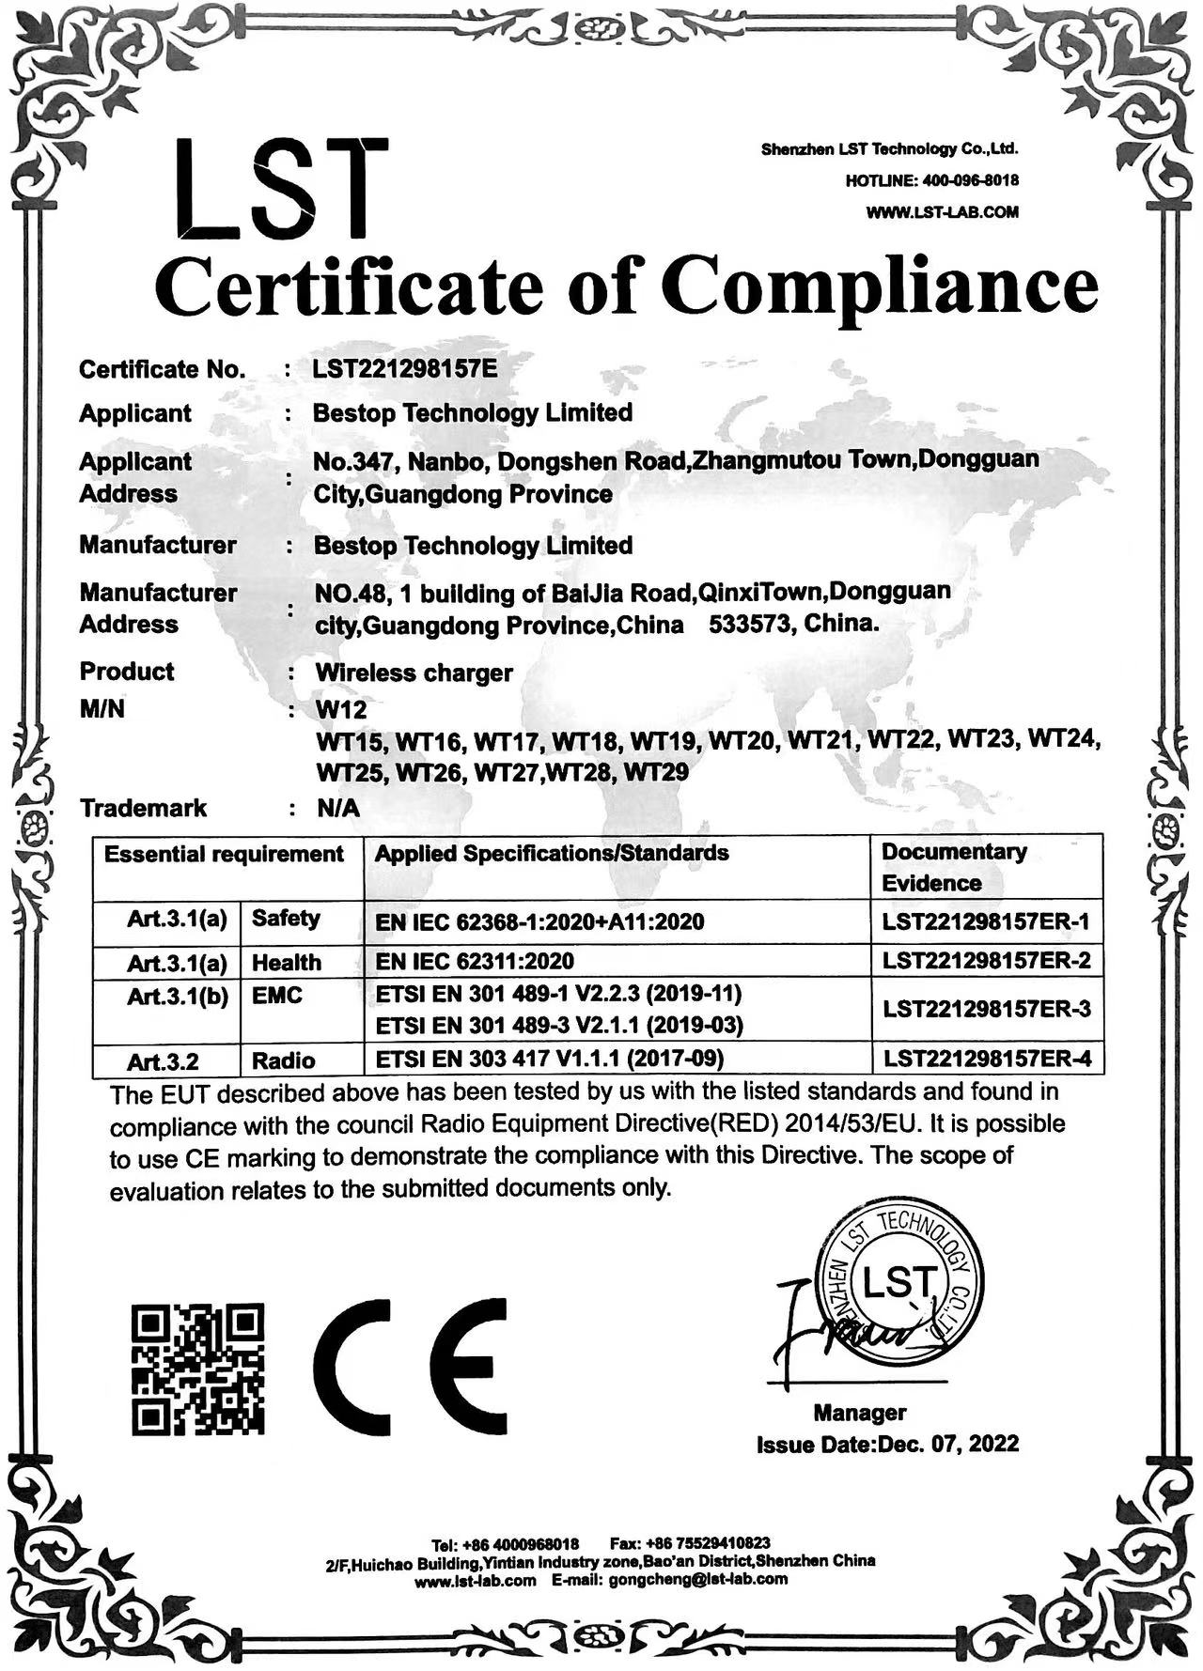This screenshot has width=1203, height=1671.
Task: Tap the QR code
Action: click(x=197, y=1368)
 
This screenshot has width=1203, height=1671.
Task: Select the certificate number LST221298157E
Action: click(x=404, y=368)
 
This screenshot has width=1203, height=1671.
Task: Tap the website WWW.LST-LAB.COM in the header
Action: click(x=942, y=212)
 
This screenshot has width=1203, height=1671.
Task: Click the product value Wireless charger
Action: click(x=414, y=673)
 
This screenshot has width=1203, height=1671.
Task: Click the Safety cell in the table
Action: click(x=286, y=919)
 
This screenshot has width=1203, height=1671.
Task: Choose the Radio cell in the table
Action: click(x=284, y=1060)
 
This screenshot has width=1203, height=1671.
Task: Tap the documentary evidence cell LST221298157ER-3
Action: click(x=986, y=1010)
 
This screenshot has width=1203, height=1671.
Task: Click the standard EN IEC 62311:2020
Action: click(x=474, y=961)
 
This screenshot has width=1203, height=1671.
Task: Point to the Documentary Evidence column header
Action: click(x=953, y=867)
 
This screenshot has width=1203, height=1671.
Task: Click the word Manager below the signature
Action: click(x=859, y=1413)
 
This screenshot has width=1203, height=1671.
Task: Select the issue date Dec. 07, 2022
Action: click(x=947, y=1444)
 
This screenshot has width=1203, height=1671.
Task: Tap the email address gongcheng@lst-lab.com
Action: click(x=697, y=1579)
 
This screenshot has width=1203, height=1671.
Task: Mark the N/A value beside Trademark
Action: click(x=337, y=808)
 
